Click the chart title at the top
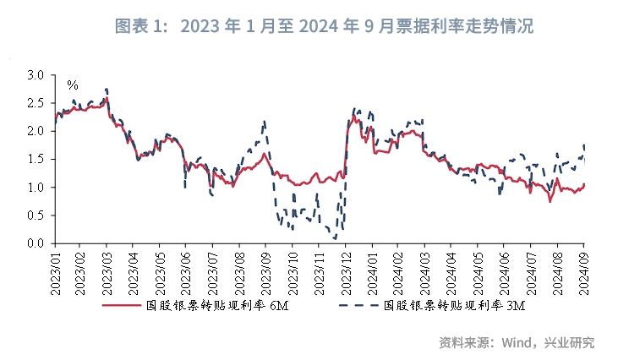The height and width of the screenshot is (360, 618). [x=324, y=26]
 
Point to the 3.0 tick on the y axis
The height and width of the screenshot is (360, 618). [x=35, y=75]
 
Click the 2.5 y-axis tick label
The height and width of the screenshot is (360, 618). [x=35, y=103]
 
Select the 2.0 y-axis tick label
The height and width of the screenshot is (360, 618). [x=35, y=131]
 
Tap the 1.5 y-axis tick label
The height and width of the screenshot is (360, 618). [x=35, y=159]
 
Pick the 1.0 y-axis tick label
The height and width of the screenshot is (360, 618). [x=35, y=188]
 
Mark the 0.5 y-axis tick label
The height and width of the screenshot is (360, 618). [x=35, y=215]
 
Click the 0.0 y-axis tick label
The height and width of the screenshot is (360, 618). [x=35, y=243]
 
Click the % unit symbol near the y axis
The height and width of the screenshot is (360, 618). [x=73, y=85]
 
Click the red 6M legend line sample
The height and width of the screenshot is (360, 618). [x=120, y=305]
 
